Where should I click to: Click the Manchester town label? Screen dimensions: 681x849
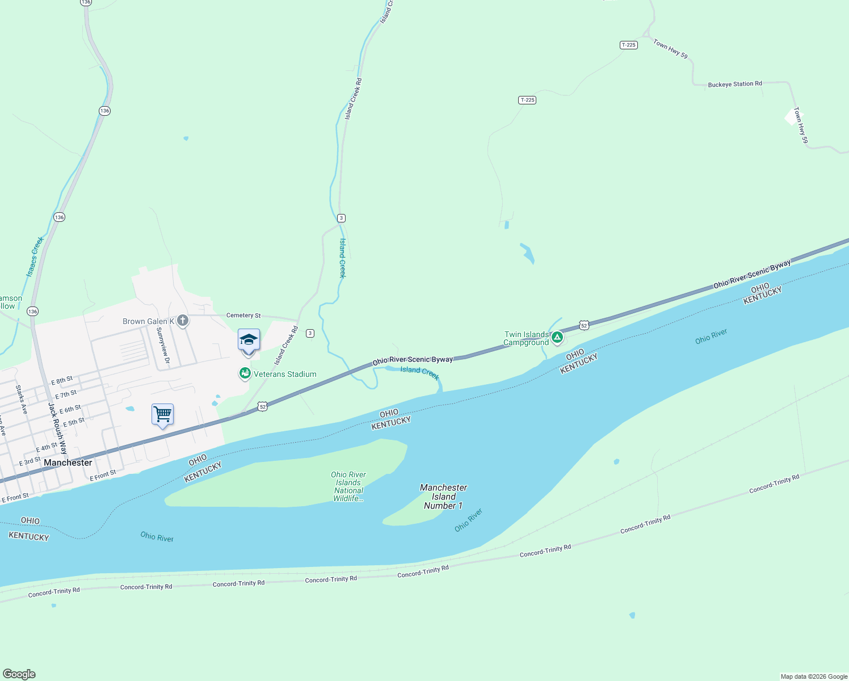(68, 463)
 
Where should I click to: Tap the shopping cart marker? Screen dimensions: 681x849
(162, 414)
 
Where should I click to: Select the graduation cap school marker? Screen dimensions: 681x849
(249, 340)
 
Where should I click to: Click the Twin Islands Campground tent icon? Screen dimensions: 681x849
(557, 338)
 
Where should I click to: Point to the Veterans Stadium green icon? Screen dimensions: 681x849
(245, 373)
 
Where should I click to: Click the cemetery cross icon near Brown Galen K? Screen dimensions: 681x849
(182, 321)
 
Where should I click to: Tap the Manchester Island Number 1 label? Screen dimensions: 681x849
(443, 497)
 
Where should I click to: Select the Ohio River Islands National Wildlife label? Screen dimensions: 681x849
(348, 486)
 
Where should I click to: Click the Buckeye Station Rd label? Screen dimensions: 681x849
(735, 84)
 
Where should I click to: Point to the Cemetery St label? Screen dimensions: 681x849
(243, 315)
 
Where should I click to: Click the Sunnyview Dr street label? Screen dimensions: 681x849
(163, 345)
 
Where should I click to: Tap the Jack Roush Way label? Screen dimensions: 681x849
(57, 428)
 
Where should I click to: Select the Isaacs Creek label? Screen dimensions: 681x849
(35, 257)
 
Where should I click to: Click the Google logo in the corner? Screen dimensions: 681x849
(19, 674)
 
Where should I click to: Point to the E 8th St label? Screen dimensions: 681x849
(62, 380)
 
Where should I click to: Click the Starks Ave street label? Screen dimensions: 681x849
(22, 400)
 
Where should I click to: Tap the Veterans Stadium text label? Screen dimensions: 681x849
(285, 374)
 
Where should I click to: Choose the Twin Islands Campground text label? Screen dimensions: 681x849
(526, 338)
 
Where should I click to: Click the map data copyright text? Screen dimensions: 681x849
(814, 676)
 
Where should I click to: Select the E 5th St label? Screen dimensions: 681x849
(73, 422)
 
